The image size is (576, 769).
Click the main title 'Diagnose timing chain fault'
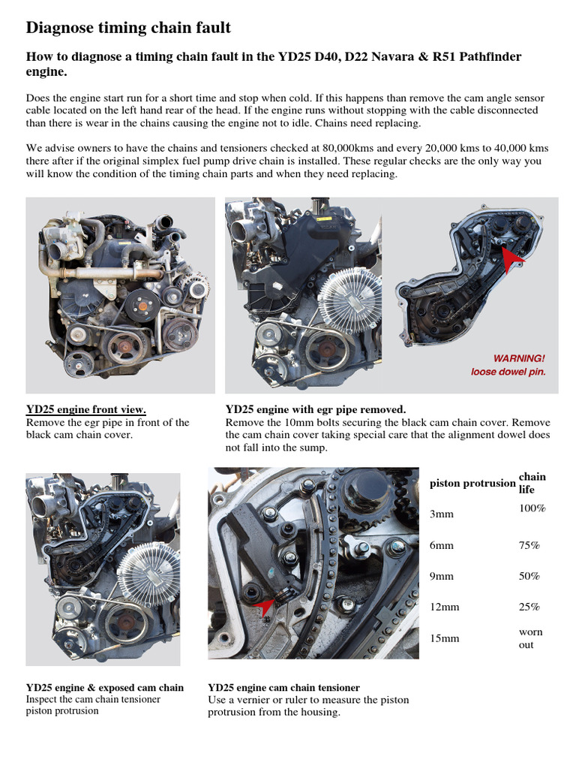(128, 29)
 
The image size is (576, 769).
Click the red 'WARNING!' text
(518, 357)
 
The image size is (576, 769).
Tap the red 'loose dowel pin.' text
(508, 372)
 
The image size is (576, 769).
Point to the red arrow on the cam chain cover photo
(511, 259)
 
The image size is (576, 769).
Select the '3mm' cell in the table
(442, 515)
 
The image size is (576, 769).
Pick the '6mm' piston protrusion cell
(442, 546)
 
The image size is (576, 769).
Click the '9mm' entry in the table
(442, 577)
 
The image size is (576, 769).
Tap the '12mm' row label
(445, 607)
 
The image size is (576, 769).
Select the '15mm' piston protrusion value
(445, 638)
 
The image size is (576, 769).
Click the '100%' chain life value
(532, 509)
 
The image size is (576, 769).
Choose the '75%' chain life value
(529, 546)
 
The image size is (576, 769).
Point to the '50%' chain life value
(529, 577)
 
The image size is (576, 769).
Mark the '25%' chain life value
(529, 607)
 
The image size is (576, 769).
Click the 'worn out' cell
(530, 638)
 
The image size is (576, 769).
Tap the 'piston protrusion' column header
(472, 484)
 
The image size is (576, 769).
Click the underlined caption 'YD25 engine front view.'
(85, 410)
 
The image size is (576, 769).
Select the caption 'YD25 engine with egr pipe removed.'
(315, 410)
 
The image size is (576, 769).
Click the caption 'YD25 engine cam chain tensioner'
(283, 687)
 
